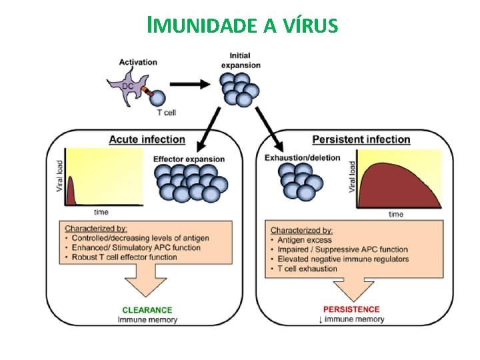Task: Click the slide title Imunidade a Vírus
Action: click(243, 25)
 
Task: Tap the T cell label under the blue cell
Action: click(167, 113)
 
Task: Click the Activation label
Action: click(138, 62)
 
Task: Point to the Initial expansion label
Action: click(240, 59)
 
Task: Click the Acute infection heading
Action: click(147, 139)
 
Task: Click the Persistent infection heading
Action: click(361, 139)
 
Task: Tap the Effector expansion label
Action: click(189, 159)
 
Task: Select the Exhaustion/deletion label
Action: click(302, 158)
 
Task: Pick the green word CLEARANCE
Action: click(147, 310)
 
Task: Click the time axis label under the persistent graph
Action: click(396, 214)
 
